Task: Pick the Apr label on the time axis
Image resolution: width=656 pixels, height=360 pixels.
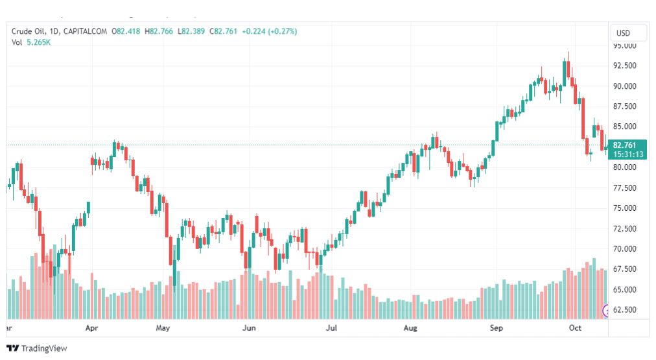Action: tap(91, 328)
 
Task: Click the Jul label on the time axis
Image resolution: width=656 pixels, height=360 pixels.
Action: tap(332, 328)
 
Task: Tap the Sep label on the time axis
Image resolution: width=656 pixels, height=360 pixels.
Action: tap(496, 328)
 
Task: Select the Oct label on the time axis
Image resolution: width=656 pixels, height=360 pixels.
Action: tap(575, 328)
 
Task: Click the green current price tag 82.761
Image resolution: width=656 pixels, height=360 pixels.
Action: tap(627, 145)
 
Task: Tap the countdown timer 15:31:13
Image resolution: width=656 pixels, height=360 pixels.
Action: tap(627, 154)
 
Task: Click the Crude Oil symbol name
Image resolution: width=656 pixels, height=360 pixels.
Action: tap(30, 31)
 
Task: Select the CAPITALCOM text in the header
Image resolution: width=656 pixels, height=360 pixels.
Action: tap(85, 31)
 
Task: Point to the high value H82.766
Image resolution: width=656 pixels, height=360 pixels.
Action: tap(159, 31)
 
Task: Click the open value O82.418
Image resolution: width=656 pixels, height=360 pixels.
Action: tap(126, 31)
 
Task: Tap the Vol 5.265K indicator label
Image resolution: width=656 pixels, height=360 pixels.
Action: tap(31, 42)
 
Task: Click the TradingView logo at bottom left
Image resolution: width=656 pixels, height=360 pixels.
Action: tap(37, 348)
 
